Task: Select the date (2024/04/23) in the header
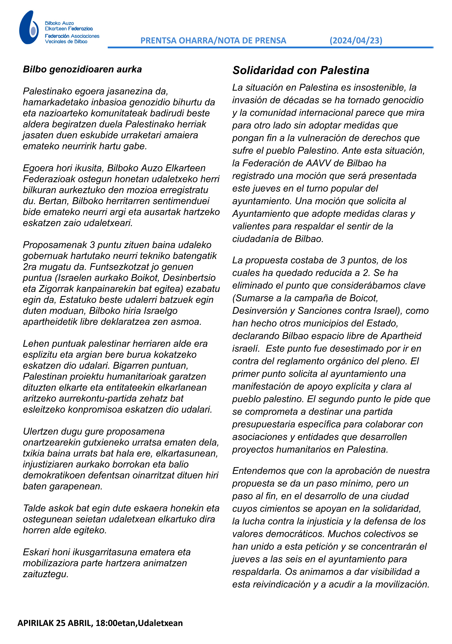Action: pos(356,41)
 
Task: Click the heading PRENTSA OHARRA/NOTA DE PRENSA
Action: pos(213,41)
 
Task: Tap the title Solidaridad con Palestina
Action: pos(301,70)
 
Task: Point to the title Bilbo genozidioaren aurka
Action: pos(82,69)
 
